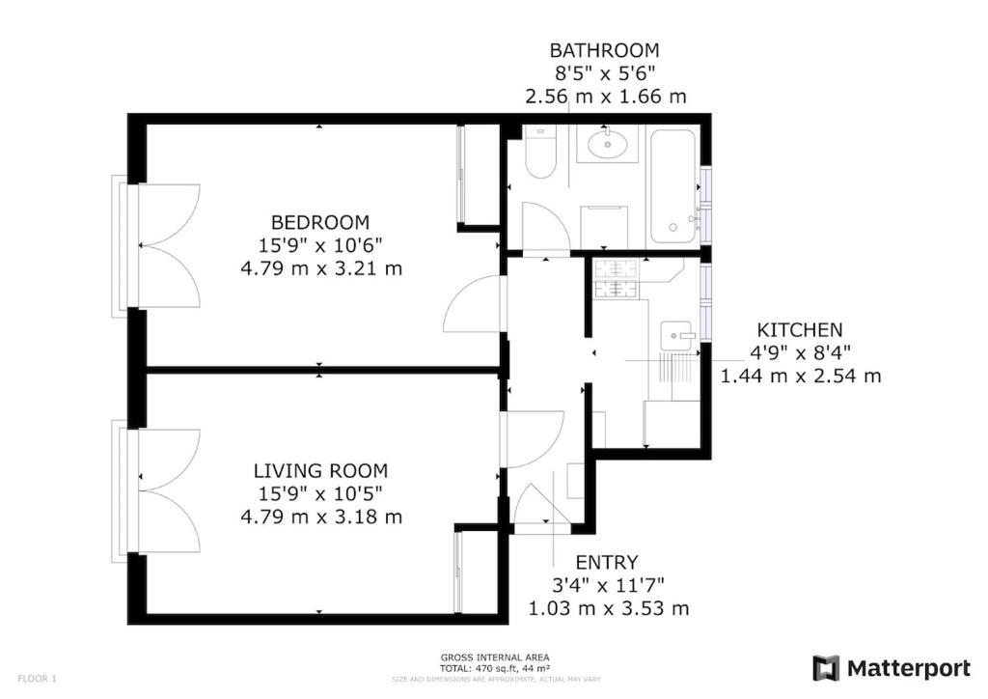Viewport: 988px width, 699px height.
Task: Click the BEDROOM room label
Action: (320, 222)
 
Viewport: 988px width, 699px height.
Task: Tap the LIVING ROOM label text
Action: (320, 471)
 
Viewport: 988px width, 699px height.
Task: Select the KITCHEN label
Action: (800, 330)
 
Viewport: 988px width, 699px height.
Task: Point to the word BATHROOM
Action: (604, 50)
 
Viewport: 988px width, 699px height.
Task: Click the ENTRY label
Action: (607, 562)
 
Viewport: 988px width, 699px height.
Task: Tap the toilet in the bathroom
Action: (540, 152)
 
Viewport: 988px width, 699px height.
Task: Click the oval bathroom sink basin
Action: (608, 144)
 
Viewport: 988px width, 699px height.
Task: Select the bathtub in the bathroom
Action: (672, 186)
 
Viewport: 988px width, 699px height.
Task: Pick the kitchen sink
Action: (676, 335)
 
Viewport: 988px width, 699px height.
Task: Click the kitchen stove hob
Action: (616, 279)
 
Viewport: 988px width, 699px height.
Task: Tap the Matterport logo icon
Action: (826, 669)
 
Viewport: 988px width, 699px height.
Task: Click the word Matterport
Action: (909, 669)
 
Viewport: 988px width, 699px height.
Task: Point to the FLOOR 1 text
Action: (38, 679)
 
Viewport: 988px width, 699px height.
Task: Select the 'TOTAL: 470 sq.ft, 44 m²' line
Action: (495, 668)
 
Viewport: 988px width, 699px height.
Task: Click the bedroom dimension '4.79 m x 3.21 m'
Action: (321, 268)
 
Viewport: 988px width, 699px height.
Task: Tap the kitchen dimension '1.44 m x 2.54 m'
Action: (801, 377)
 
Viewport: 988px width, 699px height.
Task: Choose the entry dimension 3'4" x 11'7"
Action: (608, 585)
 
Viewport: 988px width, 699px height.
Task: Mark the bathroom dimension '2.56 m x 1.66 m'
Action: (606, 97)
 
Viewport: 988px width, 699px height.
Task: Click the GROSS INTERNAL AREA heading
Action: (495, 658)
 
